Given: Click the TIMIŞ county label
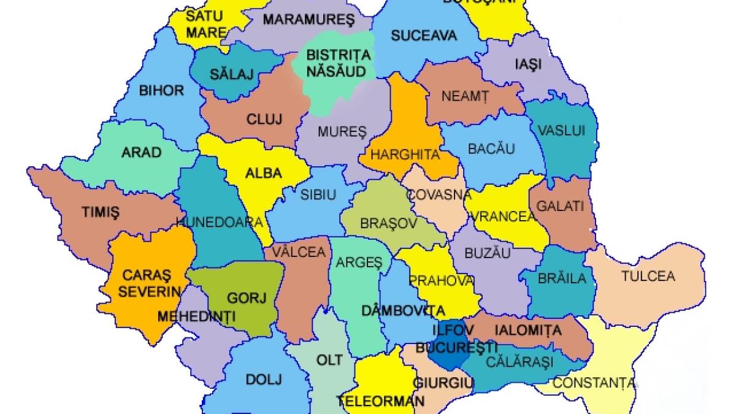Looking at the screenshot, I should pos(101,212).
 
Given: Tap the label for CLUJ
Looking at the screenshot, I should pos(264,120).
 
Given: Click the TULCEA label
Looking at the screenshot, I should pos(648,276).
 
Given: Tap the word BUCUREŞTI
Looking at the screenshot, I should pos(456,348).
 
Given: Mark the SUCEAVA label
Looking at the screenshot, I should pos(424,35).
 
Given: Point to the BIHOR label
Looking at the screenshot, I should pos(161,91).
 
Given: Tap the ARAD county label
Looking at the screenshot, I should pos(141,152).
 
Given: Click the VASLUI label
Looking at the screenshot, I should pos(561,131).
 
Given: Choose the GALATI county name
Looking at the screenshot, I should pos(560,206).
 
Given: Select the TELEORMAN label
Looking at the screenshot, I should pos(380,402).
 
